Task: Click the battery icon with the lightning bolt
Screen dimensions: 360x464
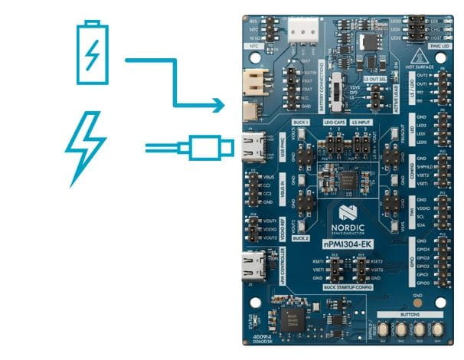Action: click(92, 53)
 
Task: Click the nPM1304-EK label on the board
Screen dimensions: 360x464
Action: click(351, 242)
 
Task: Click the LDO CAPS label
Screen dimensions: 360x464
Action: click(334, 122)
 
